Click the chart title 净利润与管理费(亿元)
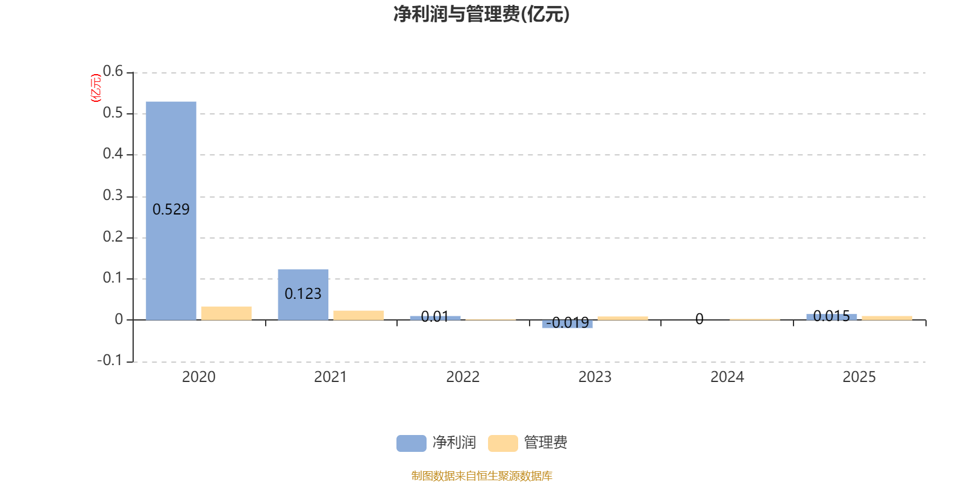point(481,14)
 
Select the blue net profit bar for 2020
point(171,211)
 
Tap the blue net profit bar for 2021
point(303,295)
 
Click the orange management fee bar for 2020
point(227,313)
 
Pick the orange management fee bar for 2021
point(358,316)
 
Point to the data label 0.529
point(171,209)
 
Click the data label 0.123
point(303,293)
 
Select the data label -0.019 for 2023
point(567,322)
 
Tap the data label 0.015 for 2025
point(831,316)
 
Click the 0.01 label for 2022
point(435,317)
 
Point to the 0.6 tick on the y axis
point(113,71)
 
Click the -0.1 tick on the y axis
point(110,360)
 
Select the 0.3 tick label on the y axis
point(113,195)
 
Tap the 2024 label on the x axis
point(727,377)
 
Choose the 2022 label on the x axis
point(463,377)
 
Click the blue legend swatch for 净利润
point(412,443)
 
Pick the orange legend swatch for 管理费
point(502,443)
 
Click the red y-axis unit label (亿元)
point(96,88)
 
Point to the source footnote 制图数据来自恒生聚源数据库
point(481,475)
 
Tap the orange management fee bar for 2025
point(887,318)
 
